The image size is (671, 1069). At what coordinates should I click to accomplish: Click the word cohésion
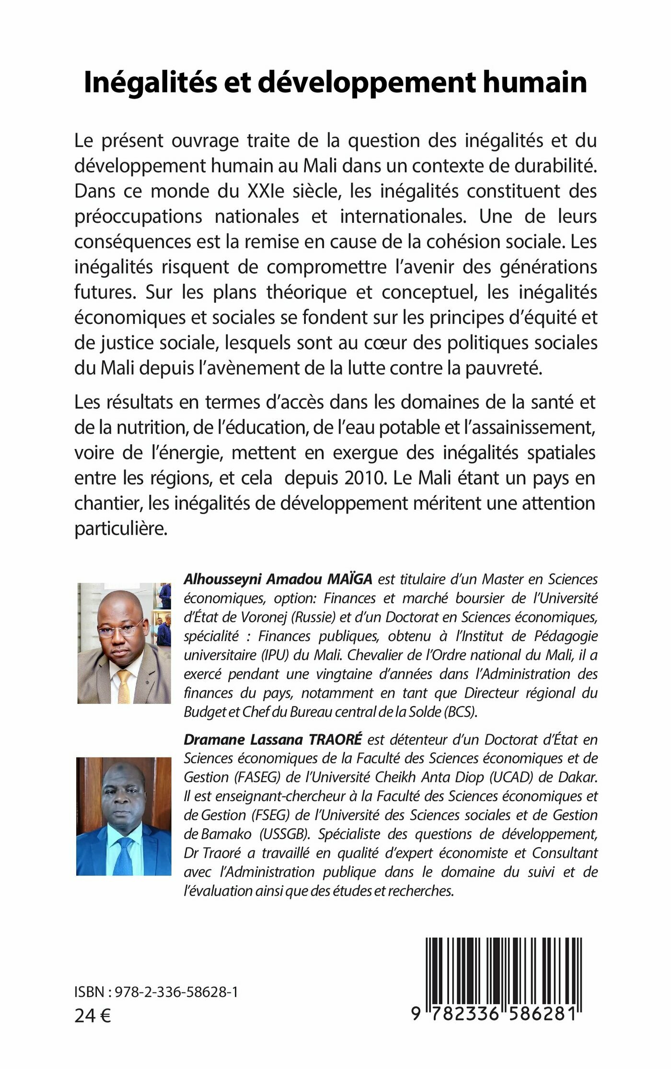(x=466, y=241)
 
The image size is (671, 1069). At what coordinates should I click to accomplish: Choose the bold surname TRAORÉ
(x=335, y=739)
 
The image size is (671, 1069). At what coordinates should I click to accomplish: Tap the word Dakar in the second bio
(x=579, y=777)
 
